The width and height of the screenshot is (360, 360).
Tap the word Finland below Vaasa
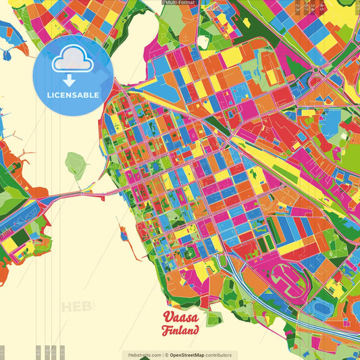(180, 331)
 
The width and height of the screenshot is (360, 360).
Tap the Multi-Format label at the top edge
(180, 3)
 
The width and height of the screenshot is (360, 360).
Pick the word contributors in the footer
(219, 355)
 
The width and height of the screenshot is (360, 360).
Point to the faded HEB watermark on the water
(78, 307)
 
